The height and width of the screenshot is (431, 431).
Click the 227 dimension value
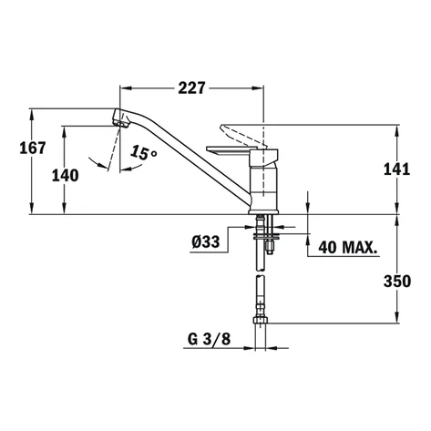click(x=190, y=88)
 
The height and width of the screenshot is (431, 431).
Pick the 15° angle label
click(x=143, y=154)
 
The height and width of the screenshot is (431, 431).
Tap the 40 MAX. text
click(x=344, y=246)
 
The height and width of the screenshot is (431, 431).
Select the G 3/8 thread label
click(x=208, y=339)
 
